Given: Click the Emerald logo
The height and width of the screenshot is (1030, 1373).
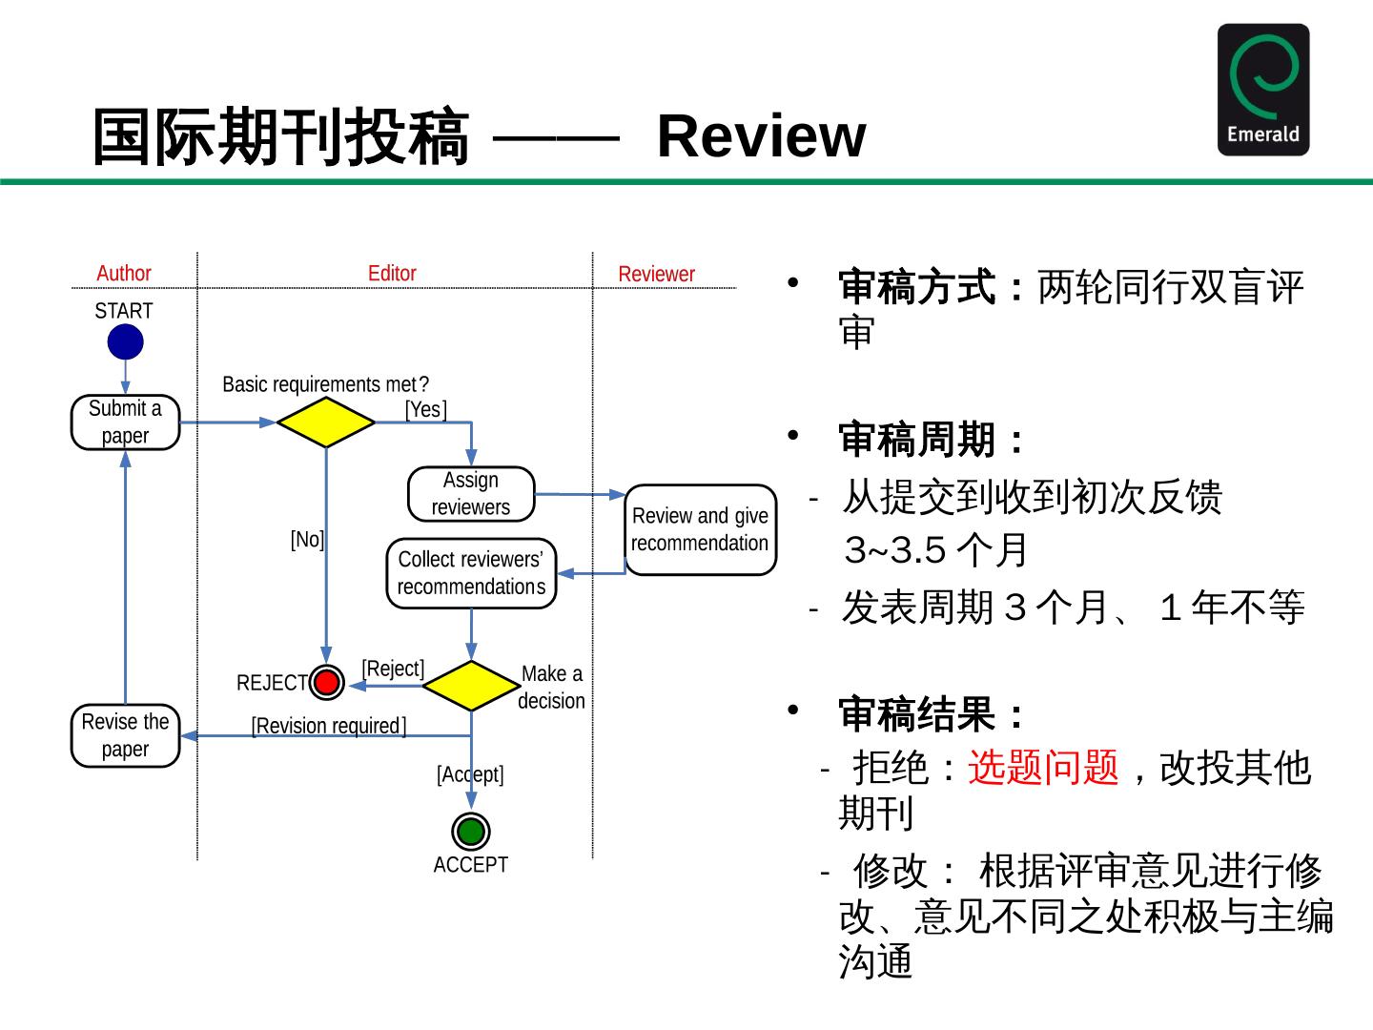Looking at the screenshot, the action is click(1263, 90).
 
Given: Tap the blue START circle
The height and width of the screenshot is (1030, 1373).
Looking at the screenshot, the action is click(125, 342).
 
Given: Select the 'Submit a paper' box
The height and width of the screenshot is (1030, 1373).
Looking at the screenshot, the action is click(125, 422).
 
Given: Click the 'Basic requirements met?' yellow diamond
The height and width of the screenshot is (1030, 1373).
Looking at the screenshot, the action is click(326, 422).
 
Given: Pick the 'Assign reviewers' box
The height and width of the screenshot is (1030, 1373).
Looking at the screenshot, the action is click(471, 493).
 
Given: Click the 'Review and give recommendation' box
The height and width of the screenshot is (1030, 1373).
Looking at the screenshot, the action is click(701, 529).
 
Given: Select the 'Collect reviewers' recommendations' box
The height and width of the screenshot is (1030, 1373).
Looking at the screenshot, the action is click(471, 573).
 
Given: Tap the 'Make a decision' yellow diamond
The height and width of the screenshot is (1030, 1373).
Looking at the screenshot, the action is click(471, 686).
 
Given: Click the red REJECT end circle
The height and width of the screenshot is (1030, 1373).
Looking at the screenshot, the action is click(326, 682).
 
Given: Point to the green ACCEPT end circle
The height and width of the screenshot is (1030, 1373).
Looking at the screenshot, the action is click(470, 831).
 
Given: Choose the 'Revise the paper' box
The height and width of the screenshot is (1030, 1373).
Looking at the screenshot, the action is click(125, 735).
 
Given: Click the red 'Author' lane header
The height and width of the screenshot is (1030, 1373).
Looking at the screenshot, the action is click(124, 274).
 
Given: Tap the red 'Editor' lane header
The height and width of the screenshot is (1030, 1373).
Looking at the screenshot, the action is click(392, 274).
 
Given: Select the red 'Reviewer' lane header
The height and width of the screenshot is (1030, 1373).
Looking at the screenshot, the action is click(656, 274).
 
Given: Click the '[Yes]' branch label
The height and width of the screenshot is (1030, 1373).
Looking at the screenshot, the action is click(426, 410).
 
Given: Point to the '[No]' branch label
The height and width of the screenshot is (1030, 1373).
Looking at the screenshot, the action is click(307, 539).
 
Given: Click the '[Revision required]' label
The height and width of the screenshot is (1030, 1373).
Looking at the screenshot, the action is click(328, 726).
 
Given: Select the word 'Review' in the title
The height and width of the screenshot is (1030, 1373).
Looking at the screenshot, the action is click(761, 135).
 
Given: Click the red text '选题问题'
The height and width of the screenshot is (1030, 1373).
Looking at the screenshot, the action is click(1043, 767).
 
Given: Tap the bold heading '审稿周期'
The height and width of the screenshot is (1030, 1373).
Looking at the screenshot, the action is click(916, 440).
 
